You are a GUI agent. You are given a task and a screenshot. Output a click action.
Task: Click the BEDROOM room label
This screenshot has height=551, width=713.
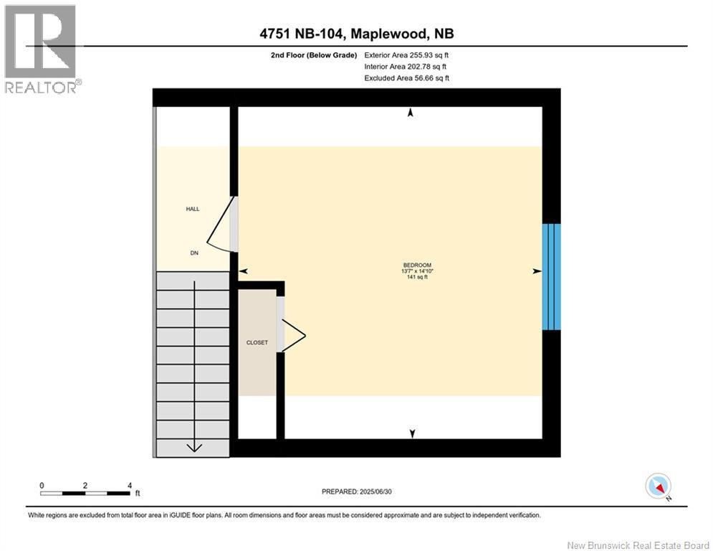point(418,265)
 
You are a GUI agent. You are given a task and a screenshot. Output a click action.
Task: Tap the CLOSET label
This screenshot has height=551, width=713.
point(257,343)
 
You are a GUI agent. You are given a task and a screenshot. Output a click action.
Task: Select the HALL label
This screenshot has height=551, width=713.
point(192,209)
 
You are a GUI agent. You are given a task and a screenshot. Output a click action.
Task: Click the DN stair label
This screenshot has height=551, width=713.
point(193,253)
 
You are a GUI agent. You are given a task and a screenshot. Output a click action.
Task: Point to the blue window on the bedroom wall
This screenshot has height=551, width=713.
point(551,276)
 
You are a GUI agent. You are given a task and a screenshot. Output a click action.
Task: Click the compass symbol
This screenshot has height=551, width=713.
point(657,486)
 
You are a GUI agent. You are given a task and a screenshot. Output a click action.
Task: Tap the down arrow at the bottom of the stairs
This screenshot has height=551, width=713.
point(193,447)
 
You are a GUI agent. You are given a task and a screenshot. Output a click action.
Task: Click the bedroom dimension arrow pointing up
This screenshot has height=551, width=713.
point(411,113)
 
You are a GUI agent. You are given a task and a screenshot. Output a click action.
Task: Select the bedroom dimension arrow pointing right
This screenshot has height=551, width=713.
point(537,271)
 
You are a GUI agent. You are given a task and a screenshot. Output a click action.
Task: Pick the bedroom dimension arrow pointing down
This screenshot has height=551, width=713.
point(412,433)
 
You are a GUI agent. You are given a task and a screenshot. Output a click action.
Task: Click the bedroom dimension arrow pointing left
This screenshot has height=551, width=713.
point(243,271)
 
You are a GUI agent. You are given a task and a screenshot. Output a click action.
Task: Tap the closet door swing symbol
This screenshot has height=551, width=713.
point(293,335)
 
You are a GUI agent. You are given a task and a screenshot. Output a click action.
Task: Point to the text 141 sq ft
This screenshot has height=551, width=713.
point(418,277)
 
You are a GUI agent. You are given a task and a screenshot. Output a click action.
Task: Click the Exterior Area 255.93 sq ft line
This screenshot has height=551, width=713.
point(406,55)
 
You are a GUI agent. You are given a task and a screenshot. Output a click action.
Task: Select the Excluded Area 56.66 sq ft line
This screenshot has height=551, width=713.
point(406,78)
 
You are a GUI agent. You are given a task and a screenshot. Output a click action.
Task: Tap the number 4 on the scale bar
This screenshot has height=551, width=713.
point(129,485)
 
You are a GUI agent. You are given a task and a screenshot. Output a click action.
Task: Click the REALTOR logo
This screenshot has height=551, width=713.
point(42,49)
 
